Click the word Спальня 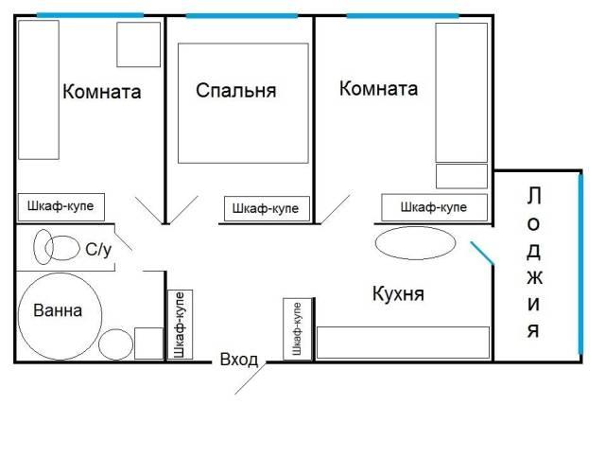(235, 91)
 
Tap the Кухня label (398, 293)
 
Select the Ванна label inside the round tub (58, 310)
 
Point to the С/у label (98, 250)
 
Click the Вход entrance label (239, 360)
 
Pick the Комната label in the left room (101, 92)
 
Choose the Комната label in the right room (378, 88)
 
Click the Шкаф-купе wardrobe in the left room (61, 207)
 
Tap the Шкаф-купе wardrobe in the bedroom (267, 208)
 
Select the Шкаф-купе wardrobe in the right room (435, 207)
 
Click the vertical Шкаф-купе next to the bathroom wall (180, 325)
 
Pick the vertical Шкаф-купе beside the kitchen (298, 329)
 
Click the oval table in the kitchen (415, 243)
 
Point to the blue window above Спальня (242, 16)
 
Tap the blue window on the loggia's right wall (580, 264)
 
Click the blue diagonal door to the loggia (482, 254)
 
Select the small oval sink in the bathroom (115, 344)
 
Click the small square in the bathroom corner (149, 343)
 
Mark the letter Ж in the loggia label (534, 277)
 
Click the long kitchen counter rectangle (404, 343)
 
